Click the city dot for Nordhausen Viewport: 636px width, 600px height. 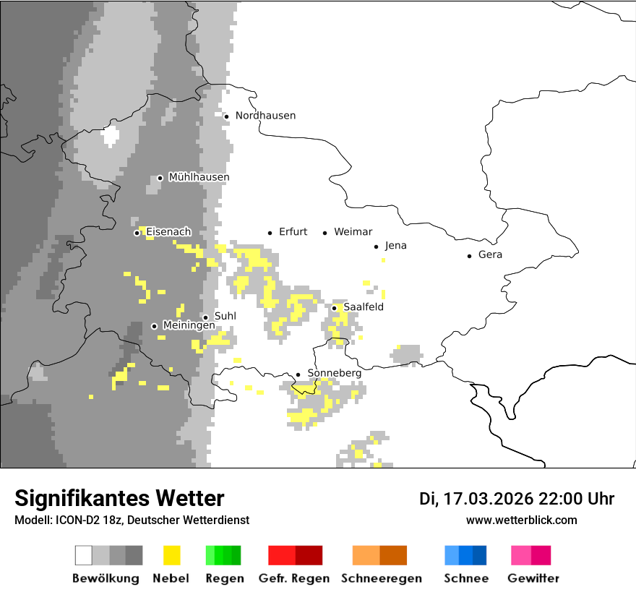[226, 116]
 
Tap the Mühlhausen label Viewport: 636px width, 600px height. [199, 177]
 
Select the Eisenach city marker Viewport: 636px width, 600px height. [137, 233]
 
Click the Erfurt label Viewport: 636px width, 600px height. [293, 232]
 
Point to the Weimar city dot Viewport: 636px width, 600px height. [325, 233]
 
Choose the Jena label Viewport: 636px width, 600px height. [395, 246]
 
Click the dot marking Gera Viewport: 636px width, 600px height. [470, 255]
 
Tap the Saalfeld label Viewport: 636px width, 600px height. [363, 307]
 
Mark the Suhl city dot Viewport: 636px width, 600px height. [205, 317]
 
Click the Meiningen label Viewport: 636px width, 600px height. [189, 325]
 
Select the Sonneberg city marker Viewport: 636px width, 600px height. [298, 374]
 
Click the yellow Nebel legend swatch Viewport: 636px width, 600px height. [172, 555]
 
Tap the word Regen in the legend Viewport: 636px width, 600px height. [220, 578]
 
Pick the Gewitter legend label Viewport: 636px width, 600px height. [533, 578]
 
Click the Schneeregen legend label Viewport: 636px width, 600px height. [382, 578]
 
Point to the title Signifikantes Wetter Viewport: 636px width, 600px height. [119, 498]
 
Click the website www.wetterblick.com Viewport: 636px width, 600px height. [521, 520]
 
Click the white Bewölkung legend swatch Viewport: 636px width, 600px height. [84, 555]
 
